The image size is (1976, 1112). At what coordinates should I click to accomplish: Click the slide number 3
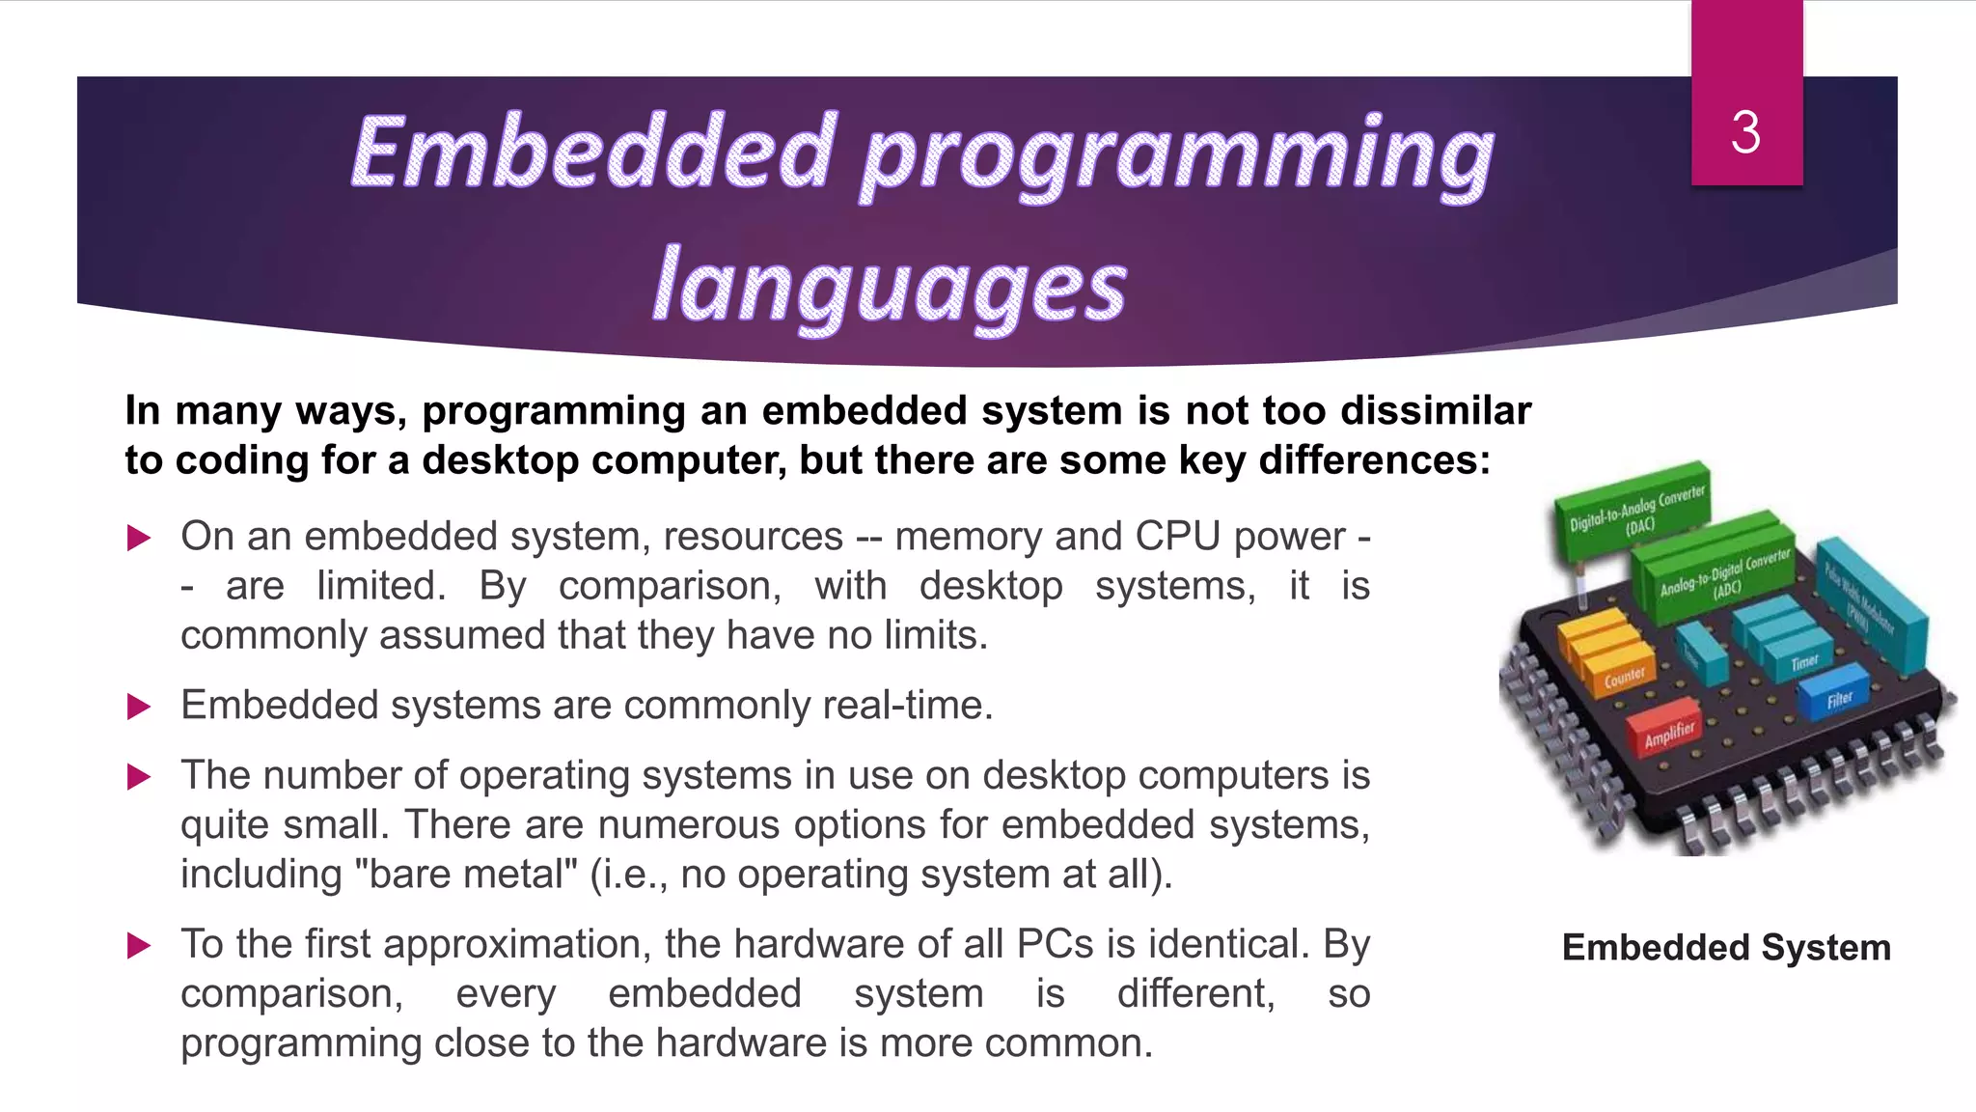coord(1745,132)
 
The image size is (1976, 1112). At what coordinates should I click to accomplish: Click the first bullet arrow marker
coord(139,538)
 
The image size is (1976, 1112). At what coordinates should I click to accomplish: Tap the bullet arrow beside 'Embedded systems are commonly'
coord(139,707)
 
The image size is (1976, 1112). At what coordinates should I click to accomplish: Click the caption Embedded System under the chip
coord(1726,948)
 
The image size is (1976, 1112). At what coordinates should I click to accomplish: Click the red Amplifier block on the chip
coord(1668,735)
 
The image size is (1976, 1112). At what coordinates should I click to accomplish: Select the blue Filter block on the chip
coord(1838,698)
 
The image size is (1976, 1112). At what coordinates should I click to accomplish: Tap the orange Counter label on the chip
coord(1624,676)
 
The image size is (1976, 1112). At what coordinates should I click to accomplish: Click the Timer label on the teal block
coord(1804,662)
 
